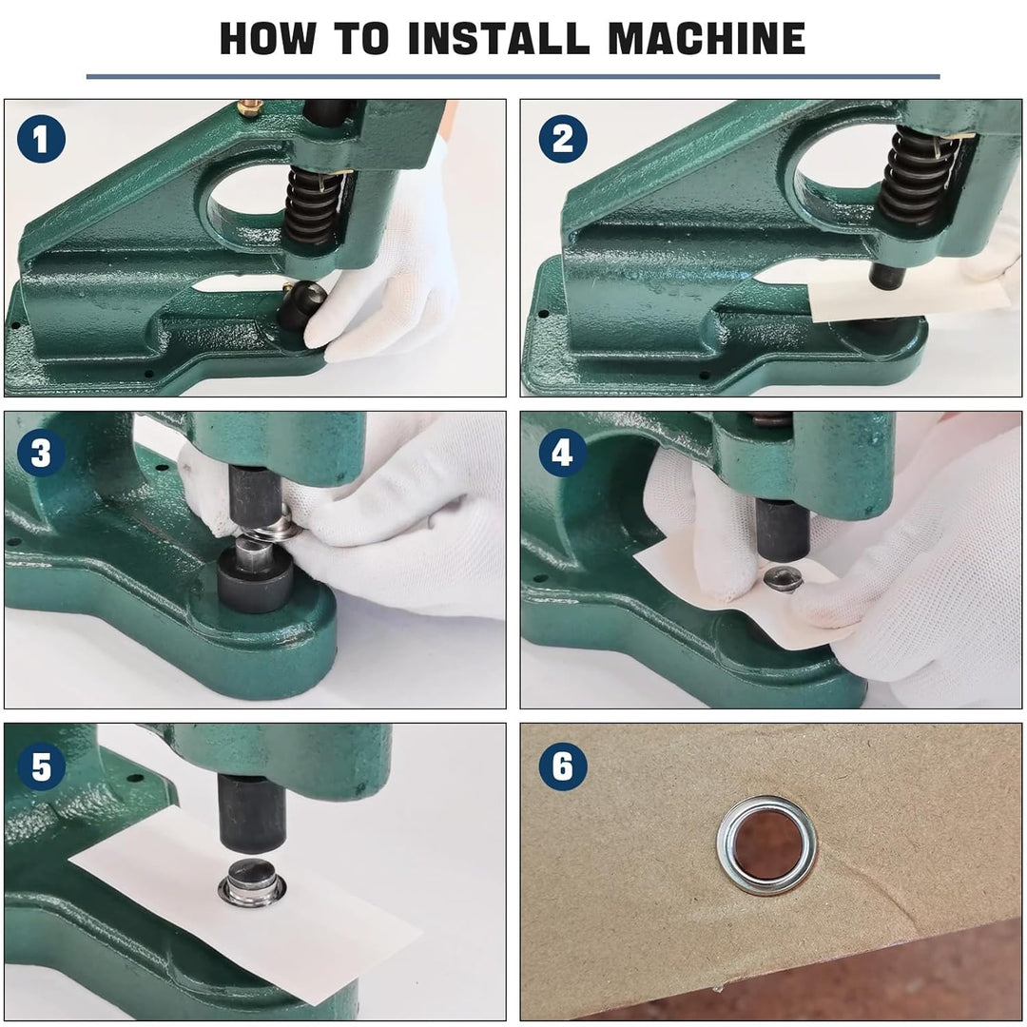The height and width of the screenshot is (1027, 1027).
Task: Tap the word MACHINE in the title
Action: [x=707, y=38]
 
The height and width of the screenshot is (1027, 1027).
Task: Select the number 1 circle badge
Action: [x=41, y=140]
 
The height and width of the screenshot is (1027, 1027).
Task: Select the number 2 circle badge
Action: [x=562, y=140]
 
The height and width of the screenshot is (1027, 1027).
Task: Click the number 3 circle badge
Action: [x=41, y=454]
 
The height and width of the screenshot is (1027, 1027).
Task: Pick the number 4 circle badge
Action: [x=562, y=454]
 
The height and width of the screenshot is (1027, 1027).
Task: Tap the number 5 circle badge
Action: [x=41, y=766]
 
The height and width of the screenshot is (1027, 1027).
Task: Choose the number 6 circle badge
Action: [x=562, y=766]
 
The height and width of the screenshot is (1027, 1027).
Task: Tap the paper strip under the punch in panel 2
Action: [x=909, y=301]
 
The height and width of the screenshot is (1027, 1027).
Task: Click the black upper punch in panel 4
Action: [x=784, y=529]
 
